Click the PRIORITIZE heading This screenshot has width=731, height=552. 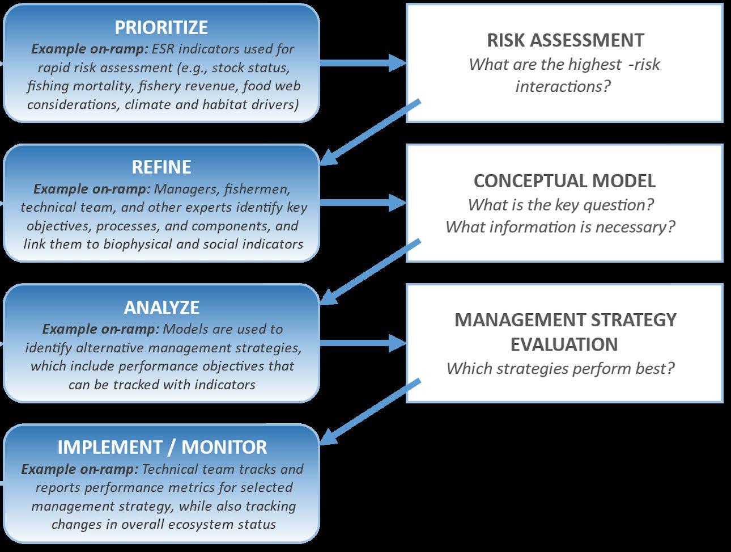coord(161,27)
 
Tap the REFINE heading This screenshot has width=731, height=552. coord(161,167)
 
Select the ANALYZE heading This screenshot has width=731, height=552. coord(161,307)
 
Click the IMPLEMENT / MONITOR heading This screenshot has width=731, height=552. coord(162,447)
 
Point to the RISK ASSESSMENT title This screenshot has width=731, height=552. coord(565,40)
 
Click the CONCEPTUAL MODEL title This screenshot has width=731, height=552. coord(564,181)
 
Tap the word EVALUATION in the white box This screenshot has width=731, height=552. coord(564,344)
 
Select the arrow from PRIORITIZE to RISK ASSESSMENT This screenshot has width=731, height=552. coord(363,63)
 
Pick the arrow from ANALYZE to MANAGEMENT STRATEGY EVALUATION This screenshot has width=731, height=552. coord(363,343)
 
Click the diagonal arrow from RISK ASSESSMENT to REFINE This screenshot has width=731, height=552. coord(371,133)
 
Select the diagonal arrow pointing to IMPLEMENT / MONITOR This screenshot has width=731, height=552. coord(371,412)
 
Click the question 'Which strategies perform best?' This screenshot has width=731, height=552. coord(560,369)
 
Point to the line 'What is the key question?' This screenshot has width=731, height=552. coord(560,205)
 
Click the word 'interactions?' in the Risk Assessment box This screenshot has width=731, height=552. coord(563,86)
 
